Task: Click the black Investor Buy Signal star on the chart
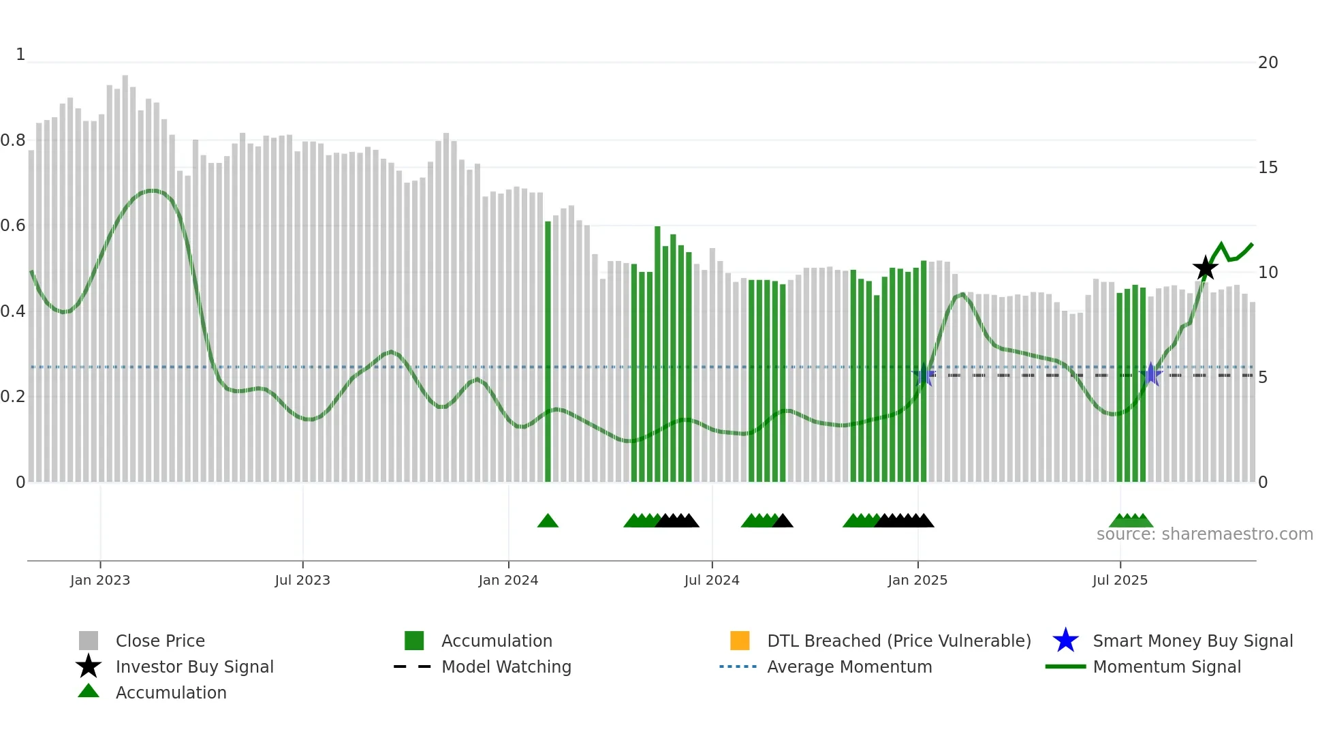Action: click(x=1205, y=269)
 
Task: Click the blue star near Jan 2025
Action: click(x=924, y=374)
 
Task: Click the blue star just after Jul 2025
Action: click(x=1150, y=374)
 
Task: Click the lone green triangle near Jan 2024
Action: click(x=548, y=521)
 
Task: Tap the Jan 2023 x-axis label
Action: click(x=100, y=580)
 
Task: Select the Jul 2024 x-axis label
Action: click(x=712, y=580)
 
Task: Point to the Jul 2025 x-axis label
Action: click(x=1120, y=580)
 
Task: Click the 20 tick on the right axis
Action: click(x=1268, y=63)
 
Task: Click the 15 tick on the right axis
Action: click(x=1268, y=168)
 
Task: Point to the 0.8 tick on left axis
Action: click(x=13, y=140)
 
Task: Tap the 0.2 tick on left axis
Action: click(x=13, y=397)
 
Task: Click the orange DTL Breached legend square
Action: click(x=740, y=641)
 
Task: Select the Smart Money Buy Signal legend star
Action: click(x=1065, y=641)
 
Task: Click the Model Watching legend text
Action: click(x=506, y=666)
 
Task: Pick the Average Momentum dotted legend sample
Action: click(x=738, y=666)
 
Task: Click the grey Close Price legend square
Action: click(x=89, y=641)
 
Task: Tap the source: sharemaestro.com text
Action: click(x=1204, y=534)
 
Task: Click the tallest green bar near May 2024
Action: click(x=658, y=354)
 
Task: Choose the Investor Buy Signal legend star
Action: click(x=89, y=666)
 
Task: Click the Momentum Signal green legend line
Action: click(x=1065, y=666)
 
